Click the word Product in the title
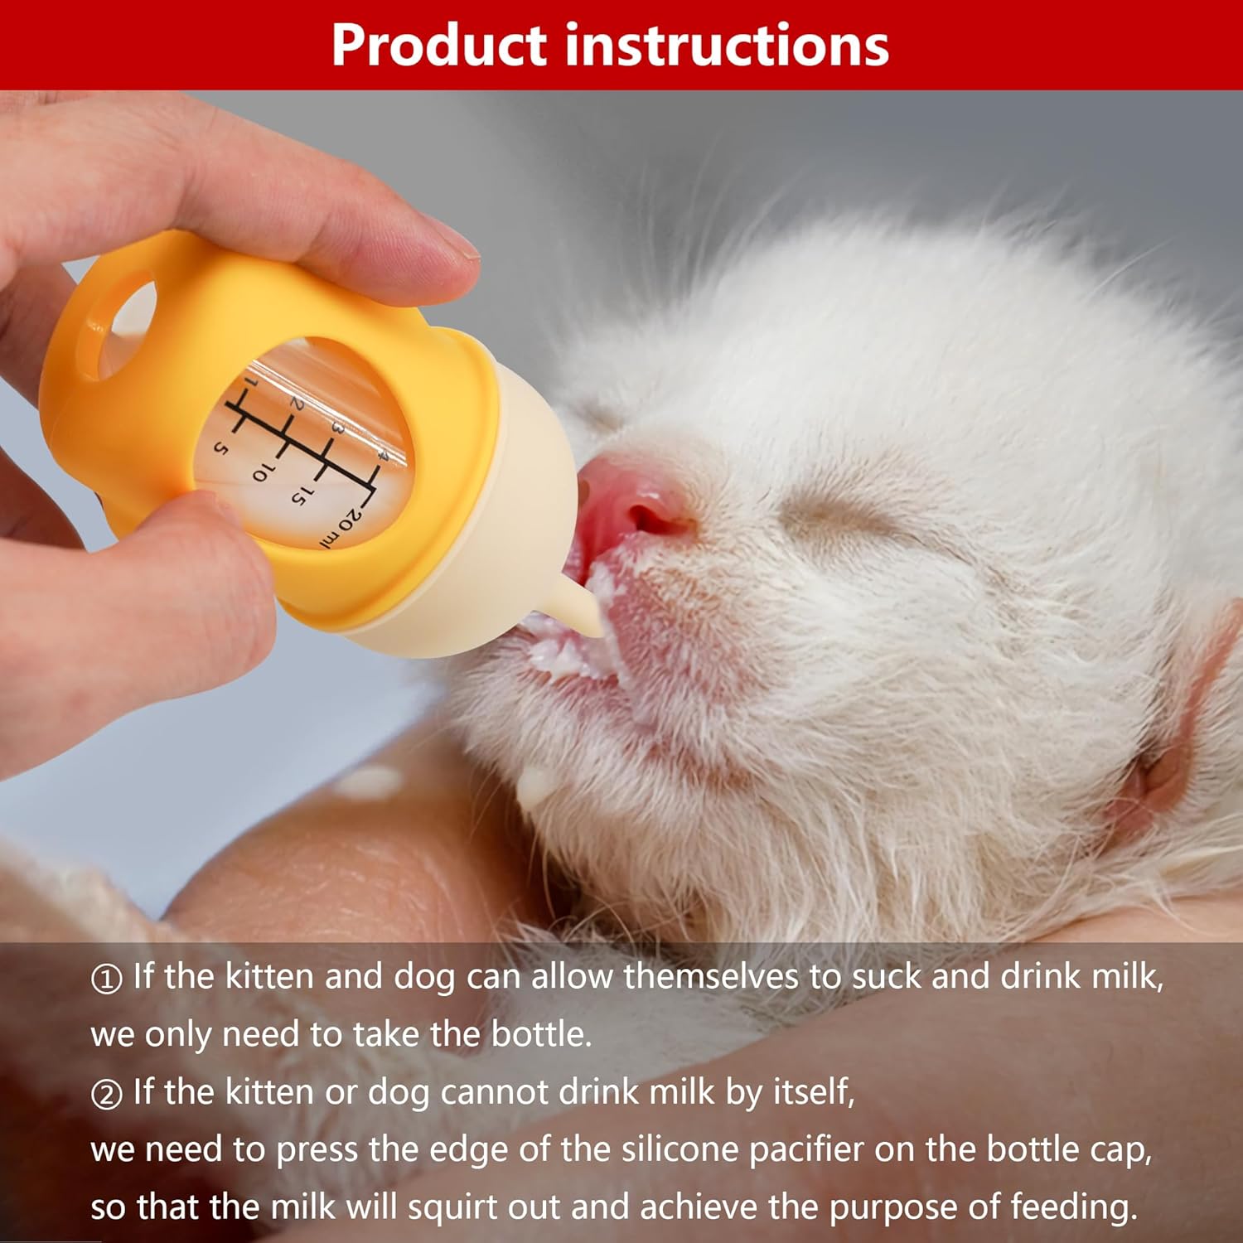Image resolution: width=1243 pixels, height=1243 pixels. click(440, 46)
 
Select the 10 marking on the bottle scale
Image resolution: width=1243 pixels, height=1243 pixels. click(260, 472)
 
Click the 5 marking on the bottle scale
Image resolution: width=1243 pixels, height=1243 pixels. click(220, 447)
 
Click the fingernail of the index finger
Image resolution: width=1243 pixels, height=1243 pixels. click(452, 240)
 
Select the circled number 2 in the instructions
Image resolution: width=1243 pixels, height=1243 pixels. click(106, 1095)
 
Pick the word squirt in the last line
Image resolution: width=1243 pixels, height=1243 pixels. click(505, 1207)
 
